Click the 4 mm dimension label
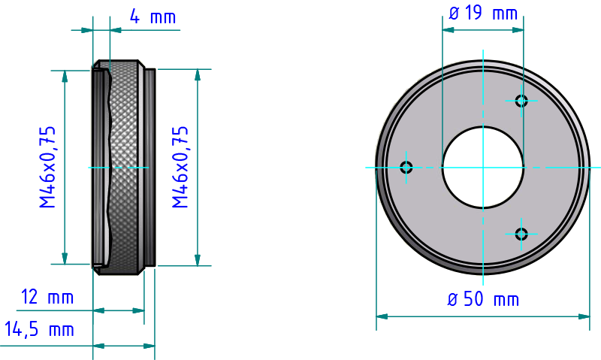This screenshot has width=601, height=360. coord(153,17)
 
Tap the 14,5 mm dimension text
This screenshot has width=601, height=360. coord(39,329)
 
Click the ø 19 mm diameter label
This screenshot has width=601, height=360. coord(482,13)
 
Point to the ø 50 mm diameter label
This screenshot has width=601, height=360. coord(482,299)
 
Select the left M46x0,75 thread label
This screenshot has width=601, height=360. coord(48,167)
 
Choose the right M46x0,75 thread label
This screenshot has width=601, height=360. coord(180,167)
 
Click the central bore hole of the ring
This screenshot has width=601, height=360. coord(482,167)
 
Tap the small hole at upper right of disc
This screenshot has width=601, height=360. coord(521,101)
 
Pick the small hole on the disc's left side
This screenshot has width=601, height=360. coord(406,167)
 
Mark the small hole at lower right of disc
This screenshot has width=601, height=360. coord(521,234)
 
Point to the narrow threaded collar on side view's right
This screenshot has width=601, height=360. coord(149,167)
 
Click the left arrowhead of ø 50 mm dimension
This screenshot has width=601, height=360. coord(381,316)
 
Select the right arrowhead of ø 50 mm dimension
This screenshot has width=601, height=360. coord(585,316)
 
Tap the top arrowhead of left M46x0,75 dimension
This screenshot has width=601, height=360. coord(65,75)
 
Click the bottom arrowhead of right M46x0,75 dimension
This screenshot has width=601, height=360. coord(198,260)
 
